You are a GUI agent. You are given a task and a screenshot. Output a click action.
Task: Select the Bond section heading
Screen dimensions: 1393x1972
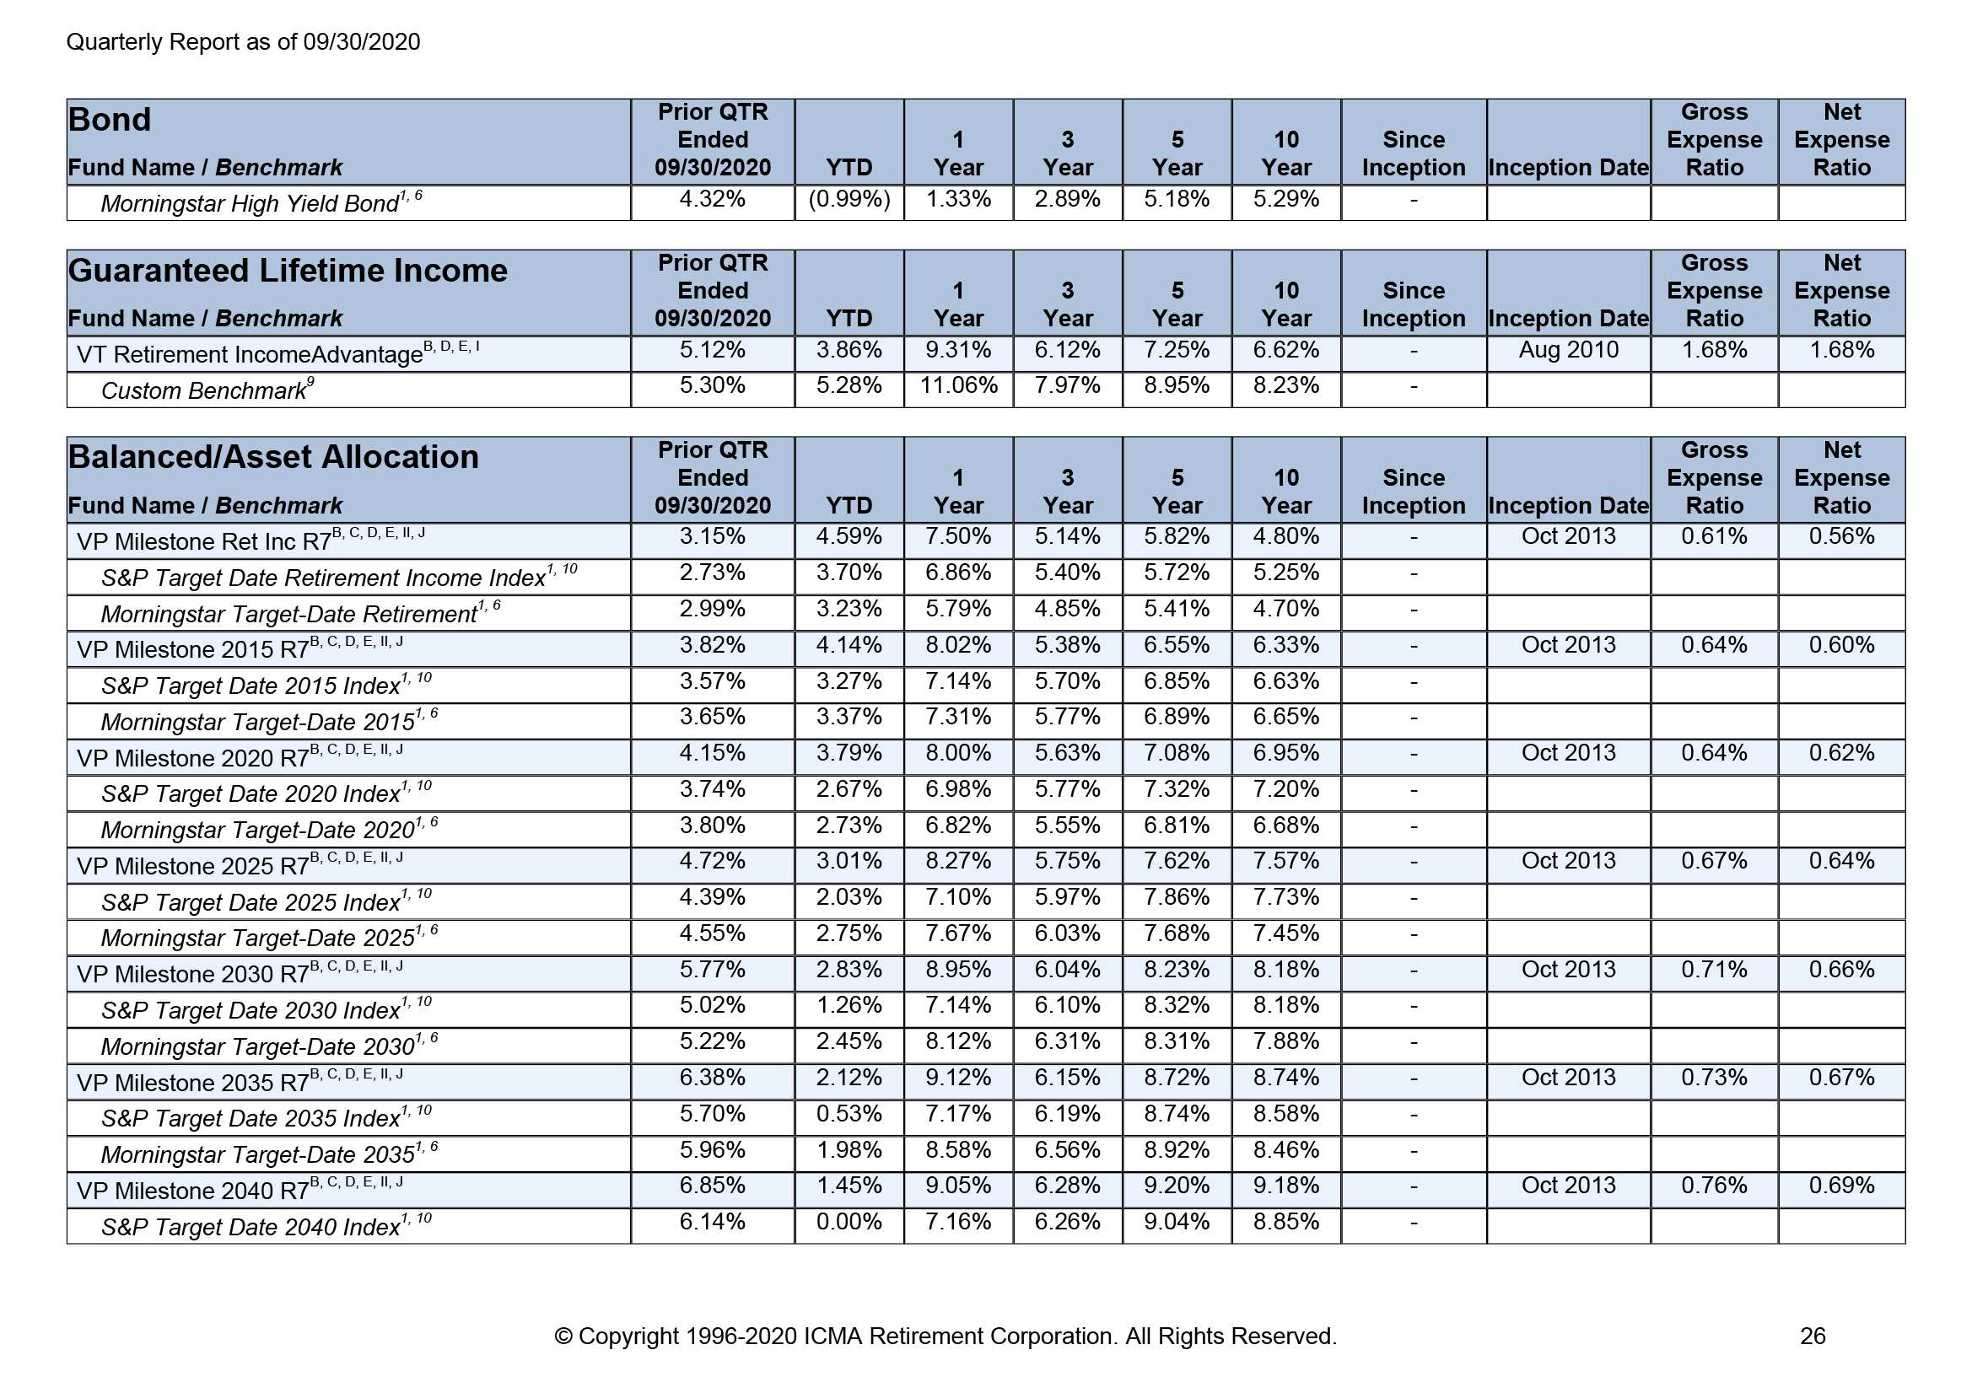point(110,121)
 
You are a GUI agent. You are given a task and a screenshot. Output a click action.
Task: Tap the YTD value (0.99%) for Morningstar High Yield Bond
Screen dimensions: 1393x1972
point(849,199)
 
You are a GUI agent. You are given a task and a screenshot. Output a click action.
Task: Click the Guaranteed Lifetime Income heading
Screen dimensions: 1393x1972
point(288,271)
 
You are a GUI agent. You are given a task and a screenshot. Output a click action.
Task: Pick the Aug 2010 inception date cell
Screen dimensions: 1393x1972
point(1567,351)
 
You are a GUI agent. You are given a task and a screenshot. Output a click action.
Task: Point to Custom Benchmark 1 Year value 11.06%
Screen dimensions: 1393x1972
point(957,385)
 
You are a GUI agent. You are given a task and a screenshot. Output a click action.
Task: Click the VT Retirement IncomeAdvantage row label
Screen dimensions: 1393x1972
point(249,354)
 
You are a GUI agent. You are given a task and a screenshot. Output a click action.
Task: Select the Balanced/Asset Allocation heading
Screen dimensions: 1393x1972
point(273,457)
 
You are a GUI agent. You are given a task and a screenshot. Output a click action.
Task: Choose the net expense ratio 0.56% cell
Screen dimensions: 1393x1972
point(1840,537)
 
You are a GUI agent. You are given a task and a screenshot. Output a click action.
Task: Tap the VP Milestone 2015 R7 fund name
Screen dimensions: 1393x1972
point(192,649)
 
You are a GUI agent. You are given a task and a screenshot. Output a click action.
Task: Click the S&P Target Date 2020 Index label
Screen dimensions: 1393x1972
point(250,793)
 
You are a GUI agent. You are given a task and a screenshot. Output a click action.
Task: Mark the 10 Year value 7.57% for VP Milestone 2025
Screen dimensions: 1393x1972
point(1285,862)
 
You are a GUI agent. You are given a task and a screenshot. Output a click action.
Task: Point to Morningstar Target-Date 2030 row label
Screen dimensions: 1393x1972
point(257,1046)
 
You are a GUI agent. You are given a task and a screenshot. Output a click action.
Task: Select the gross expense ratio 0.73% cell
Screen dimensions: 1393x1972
point(1713,1078)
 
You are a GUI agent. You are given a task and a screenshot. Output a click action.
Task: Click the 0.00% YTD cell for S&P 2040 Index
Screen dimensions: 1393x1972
point(849,1222)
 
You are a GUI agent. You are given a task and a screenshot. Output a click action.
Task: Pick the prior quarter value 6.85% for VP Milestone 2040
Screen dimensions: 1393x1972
point(712,1186)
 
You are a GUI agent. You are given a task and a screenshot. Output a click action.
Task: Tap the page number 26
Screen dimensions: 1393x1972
point(1813,1337)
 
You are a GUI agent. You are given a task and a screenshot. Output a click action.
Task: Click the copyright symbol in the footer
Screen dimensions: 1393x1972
point(563,1337)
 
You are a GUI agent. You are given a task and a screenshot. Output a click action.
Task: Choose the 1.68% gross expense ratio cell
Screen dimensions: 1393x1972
point(1713,351)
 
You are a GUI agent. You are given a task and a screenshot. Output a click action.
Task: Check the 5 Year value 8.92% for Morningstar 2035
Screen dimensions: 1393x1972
point(1177,1150)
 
